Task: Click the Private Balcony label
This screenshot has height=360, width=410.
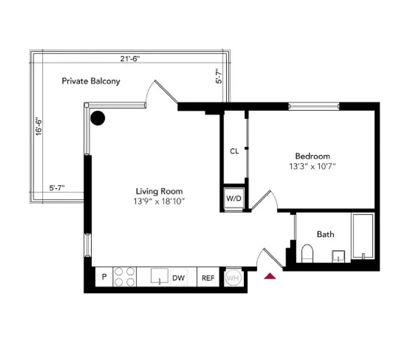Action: pyautogui.click(x=91, y=81)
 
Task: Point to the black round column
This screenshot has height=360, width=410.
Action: pyautogui.click(x=98, y=118)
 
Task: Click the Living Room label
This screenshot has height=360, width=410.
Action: pyautogui.click(x=159, y=191)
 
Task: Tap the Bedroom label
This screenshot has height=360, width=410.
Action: pyautogui.click(x=312, y=156)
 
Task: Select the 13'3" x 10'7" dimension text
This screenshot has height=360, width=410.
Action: pyautogui.click(x=312, y=166)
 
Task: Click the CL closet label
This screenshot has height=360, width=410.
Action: pyautogui.click(x=234, y=151)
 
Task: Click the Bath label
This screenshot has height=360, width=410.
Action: pyautogui.click(x=325, y=234)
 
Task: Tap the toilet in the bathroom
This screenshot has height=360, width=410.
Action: pyautogui.click(x=307, y=253)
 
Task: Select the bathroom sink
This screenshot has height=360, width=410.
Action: pyautogui.click(x=338, y=256)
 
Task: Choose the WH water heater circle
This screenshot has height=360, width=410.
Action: pyautogui.click(x=233, y=278)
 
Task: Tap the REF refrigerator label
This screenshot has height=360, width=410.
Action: pyautogui.click(x=207, y=278)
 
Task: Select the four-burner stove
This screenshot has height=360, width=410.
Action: pyautogui.click(x=125, y=277)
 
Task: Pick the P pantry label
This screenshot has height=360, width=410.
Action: pyautogui.click(x=104, y=277)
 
